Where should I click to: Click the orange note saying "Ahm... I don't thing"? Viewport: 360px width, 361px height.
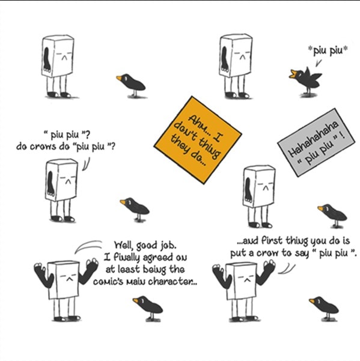(198, 140)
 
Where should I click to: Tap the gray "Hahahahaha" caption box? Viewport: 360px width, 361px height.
(316, 142)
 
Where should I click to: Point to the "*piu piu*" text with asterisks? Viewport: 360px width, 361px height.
(328, 50)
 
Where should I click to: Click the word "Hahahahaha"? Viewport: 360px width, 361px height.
(313, 139)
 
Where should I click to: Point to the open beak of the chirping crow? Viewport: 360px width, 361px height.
(293, 74)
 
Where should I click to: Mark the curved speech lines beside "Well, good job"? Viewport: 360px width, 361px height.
(88, 246)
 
